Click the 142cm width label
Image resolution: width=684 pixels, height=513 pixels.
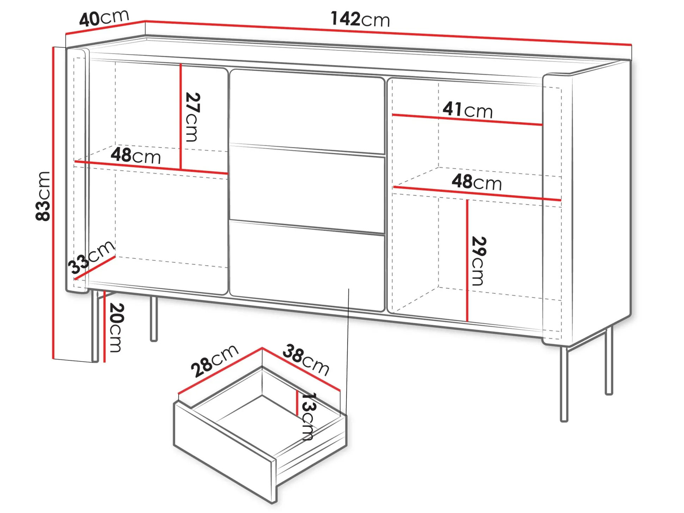click(x=360, y=19)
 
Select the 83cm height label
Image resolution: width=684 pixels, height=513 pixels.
click(x=43, y=196)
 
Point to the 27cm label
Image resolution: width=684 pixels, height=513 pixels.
click(x=193, y=117)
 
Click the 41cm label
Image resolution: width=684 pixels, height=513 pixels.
click(x=468, y=110)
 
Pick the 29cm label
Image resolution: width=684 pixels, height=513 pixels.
click(x=479, y=261)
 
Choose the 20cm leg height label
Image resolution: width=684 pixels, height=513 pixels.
click(x=116, y=328)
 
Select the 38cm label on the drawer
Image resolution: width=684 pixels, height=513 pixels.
click(x=306, y=360)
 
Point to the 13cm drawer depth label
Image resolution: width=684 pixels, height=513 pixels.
click(x=308, y=416)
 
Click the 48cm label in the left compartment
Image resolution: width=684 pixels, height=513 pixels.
click(x=136, y=155)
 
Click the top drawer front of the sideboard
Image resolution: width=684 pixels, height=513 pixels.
click(x=307, y=111)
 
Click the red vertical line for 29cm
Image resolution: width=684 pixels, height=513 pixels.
click(x=467, y=261)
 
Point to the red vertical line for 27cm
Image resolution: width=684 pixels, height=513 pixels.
click(x=181, y=117)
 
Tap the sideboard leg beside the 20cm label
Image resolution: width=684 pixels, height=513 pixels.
click(x=94, y=326)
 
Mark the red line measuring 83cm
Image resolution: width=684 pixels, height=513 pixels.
click(x=53, y=203)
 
